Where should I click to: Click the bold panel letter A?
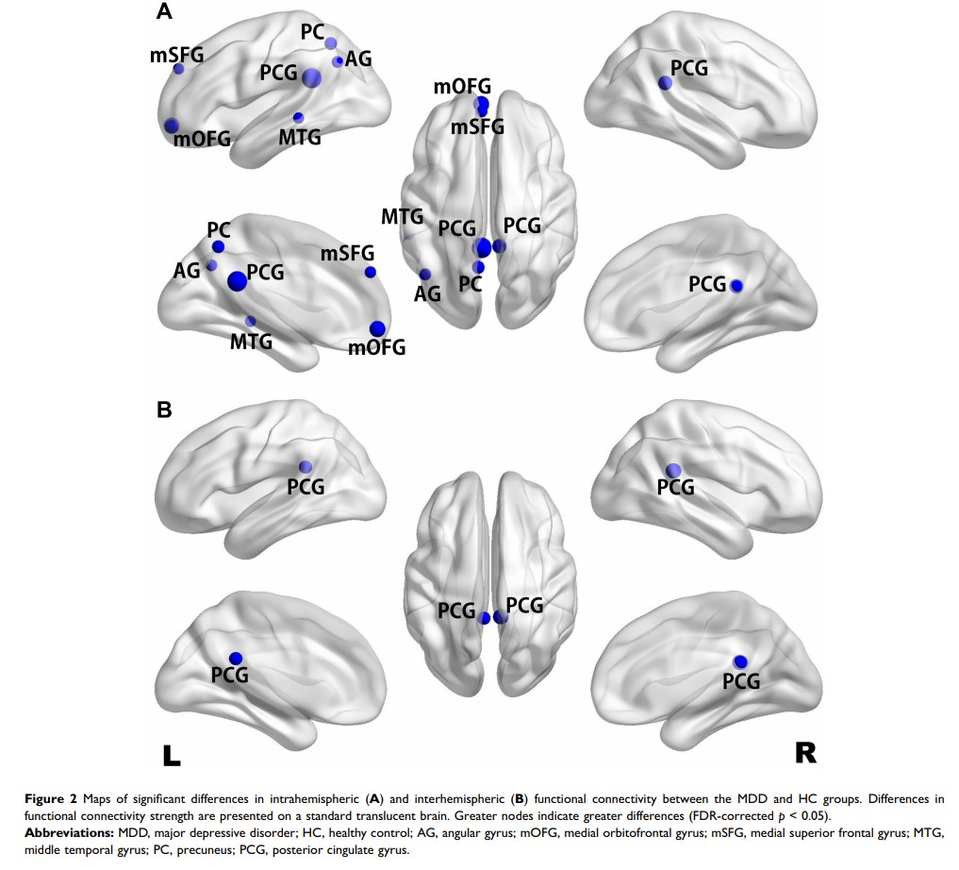coord(164,12)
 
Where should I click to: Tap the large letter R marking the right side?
coord(805,752)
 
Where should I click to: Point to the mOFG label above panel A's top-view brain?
coord(462,88)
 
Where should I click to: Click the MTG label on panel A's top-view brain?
coord(402,216)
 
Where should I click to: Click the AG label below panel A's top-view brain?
coord(428,293)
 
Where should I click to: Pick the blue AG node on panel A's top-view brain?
coord(425,275)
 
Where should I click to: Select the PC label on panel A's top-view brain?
coord(471,283)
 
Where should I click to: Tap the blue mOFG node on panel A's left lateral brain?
coord(171,125)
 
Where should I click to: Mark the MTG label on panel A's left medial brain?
coord(251,341)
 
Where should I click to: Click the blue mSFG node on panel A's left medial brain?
coord(370,272)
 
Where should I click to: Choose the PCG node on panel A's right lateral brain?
coord(665,83)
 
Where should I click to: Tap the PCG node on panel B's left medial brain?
coord(236,658)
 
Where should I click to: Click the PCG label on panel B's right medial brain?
coord(741,680)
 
